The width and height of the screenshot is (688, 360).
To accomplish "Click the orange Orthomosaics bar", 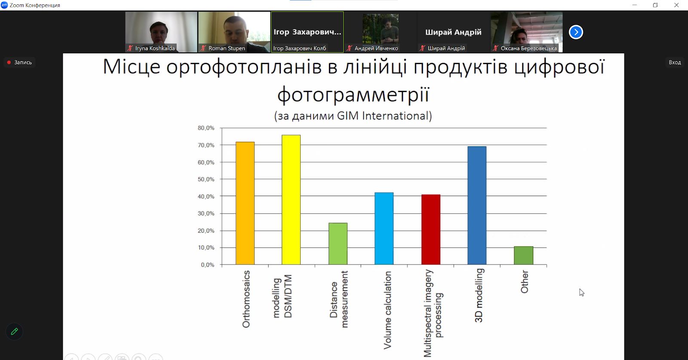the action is tap(245, 203).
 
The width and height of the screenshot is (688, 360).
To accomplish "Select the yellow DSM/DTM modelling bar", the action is tap(291, 200).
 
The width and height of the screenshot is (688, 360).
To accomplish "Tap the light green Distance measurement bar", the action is tap(338, 243).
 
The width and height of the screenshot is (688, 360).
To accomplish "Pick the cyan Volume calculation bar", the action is tap(384, 228).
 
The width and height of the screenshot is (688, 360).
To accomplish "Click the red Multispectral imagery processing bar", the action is tap(430, 229).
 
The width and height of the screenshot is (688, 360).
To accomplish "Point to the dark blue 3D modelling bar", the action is tap(477, 206).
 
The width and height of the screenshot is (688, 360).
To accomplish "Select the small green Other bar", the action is tap(523, 255).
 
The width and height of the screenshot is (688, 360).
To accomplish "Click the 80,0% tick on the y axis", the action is tap(206, 128).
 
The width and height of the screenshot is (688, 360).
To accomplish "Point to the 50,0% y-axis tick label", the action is tap(206, 179).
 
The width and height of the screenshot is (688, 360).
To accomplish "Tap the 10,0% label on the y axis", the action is tap(206, 248).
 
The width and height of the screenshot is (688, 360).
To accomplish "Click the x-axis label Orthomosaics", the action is tap(246, 299).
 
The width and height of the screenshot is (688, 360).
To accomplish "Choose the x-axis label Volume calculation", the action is tap(387, 310).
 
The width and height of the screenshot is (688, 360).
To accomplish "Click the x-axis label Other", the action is tap(525, 282).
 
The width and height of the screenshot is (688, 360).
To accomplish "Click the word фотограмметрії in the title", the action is tap(353, 94).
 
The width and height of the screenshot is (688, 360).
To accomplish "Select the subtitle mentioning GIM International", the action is tap(353, 116).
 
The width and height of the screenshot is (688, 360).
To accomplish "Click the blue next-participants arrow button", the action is tap(576, 32).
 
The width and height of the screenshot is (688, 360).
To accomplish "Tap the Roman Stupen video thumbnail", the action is tap(234, 32).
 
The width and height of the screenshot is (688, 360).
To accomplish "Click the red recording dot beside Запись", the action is tap(9, 62).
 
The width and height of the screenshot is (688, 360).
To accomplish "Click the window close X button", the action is tap(676, 5).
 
